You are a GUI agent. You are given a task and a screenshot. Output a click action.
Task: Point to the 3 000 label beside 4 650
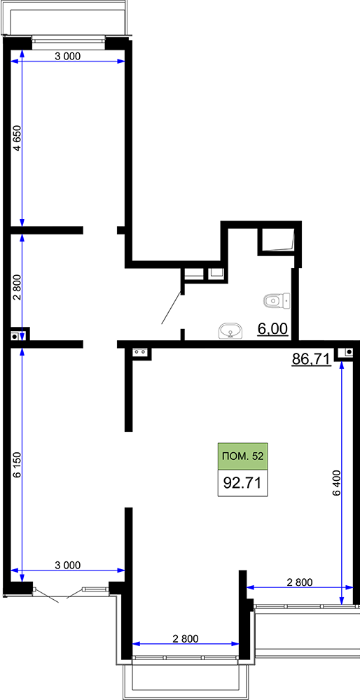point(67,56)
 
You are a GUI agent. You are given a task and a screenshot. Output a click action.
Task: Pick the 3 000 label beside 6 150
point(67,565)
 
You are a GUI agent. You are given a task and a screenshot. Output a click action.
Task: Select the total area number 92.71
point(242,483)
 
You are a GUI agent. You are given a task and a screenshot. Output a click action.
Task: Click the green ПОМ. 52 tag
point(242,456)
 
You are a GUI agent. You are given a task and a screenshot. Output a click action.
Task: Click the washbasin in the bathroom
point(231,331)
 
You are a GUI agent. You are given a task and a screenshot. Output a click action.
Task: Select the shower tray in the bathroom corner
point(277,241)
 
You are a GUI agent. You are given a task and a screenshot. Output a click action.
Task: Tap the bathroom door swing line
point(172,308)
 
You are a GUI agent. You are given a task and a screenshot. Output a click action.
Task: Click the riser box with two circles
point(141,353)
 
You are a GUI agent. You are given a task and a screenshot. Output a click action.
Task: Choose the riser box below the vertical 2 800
point(17,336)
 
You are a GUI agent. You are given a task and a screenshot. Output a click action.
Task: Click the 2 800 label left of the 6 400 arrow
point(300,582)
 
